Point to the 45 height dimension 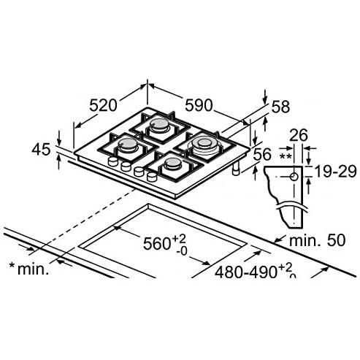click(42, 150)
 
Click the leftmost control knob click(112, 162)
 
